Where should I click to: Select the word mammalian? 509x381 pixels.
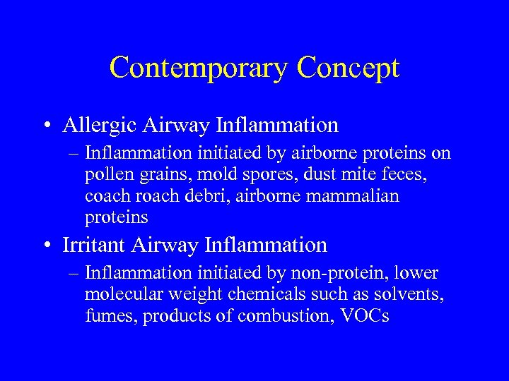[354, 195]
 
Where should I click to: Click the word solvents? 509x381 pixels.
[413, 295]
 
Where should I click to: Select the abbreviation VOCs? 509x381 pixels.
[364, 316]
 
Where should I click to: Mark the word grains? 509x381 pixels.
[156, 175]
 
